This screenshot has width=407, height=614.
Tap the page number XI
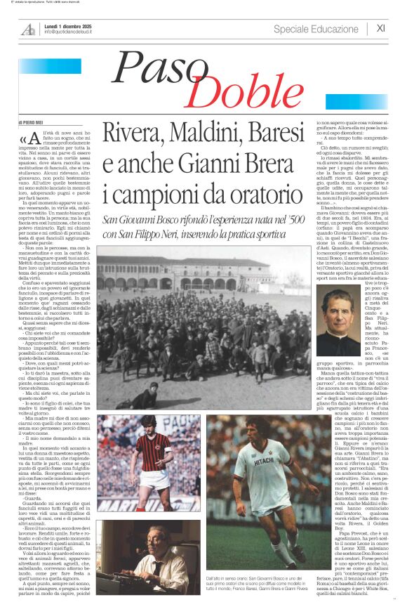tap(380, 28)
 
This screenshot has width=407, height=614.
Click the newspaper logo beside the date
tap(29, 29)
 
